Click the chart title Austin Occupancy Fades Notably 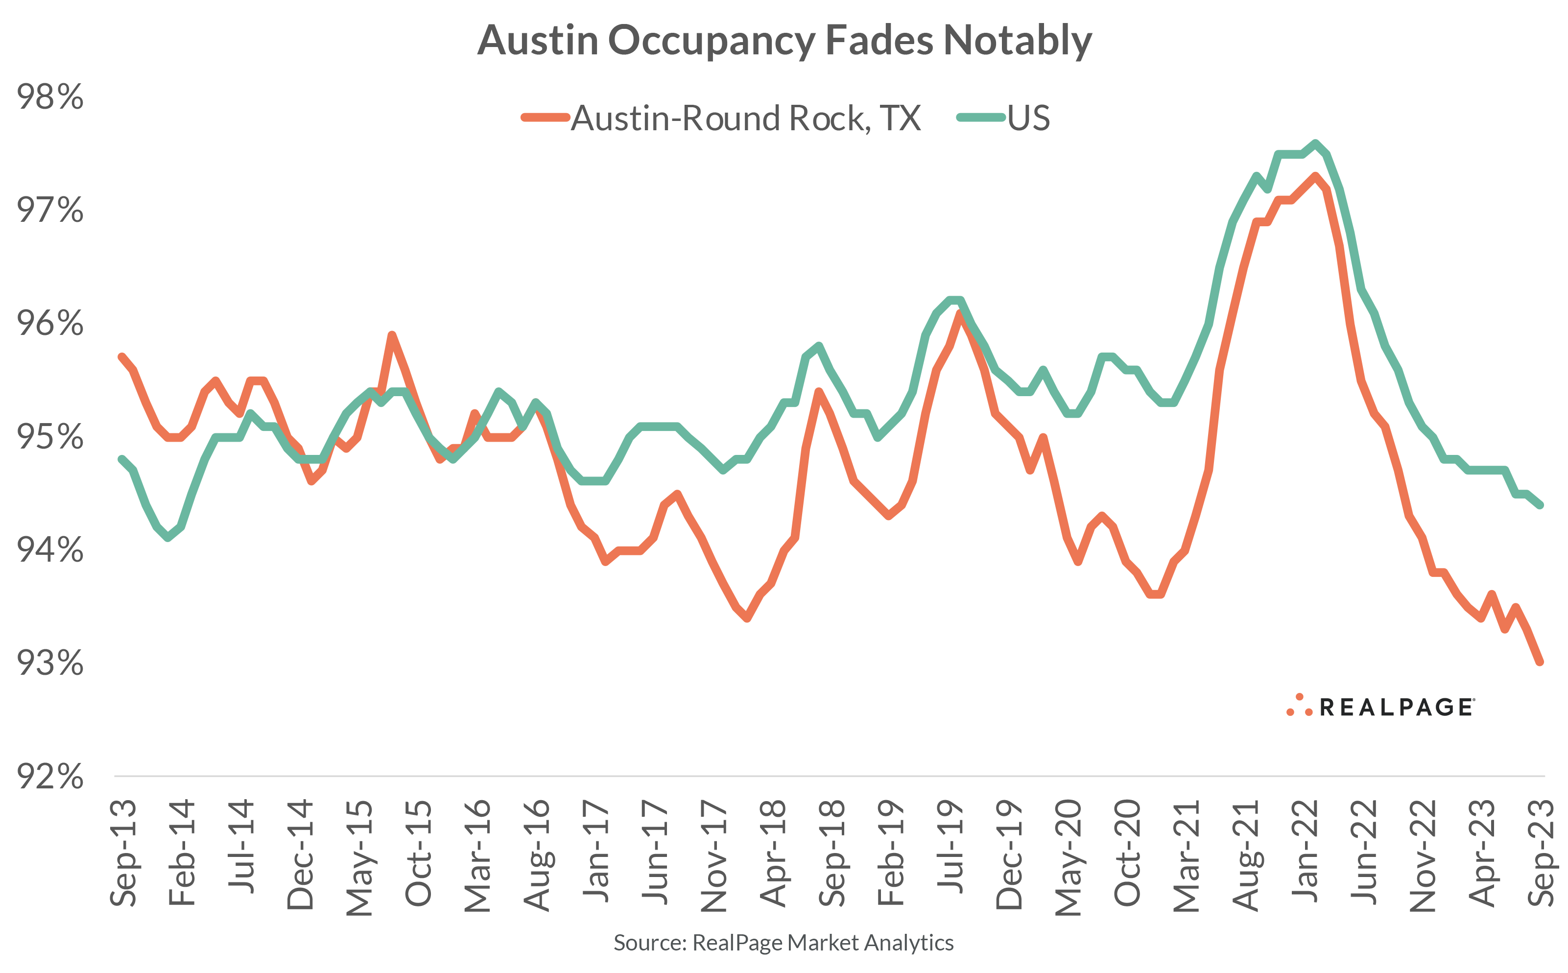point(784,41)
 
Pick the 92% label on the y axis point(50,776)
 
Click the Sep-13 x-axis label point(123,853)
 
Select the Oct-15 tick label point(418,853)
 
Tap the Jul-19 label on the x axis point(950,846)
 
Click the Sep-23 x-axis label point(1542,853)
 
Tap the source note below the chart point(783,943)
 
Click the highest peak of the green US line point(1315,143)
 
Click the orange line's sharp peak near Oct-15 point(391,334)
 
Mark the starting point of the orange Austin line point(121,356)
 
